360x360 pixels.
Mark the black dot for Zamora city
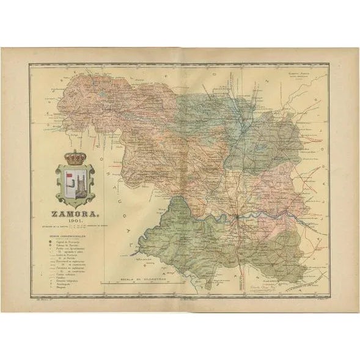coord(238,216)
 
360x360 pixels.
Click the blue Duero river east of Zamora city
coord(269,213)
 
